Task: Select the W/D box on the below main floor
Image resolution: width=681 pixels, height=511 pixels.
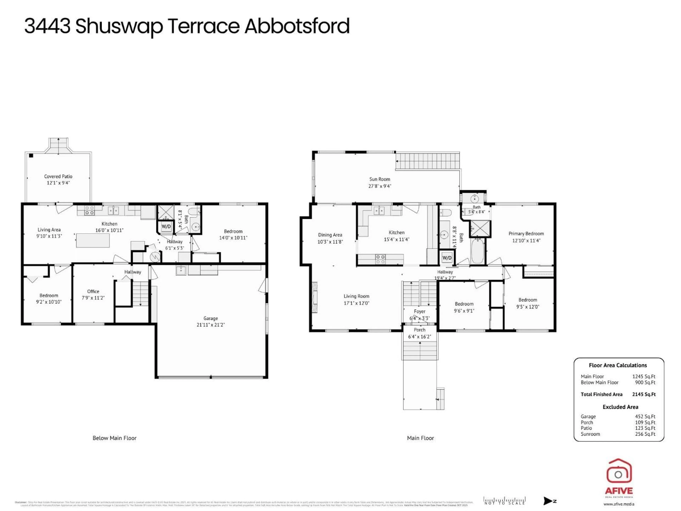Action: click(x=166, y=226)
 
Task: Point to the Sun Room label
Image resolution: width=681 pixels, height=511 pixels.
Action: click(x=380, y=179)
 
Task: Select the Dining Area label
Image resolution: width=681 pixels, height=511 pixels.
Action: click(x=330, y=235)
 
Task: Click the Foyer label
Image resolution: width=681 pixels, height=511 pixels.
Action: click(x=419, y=311)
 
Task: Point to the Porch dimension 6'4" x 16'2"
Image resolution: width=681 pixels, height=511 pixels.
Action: click(x=419, y=337)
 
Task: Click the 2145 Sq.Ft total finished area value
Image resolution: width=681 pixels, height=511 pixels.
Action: click(x=644, y=394)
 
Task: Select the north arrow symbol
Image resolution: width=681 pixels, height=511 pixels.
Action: click(x=548, y=501)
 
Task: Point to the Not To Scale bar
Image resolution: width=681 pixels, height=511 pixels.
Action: click(x=504, y=501)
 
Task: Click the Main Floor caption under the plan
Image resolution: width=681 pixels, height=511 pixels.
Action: click(x=420, y=438)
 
